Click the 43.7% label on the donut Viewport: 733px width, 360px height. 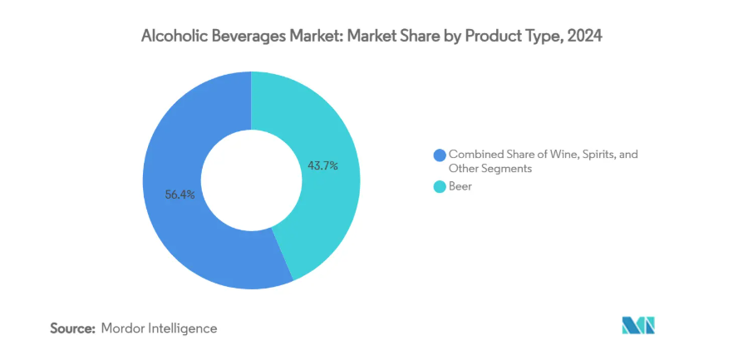pos(322,165)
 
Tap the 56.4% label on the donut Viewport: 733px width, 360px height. pos(180,195)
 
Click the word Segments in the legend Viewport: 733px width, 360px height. pos(509,168)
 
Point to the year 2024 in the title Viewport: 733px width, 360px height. pos(584,36)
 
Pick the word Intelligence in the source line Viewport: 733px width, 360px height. pos(183,328)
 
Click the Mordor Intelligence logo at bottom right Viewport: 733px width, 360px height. pos(638,326)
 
